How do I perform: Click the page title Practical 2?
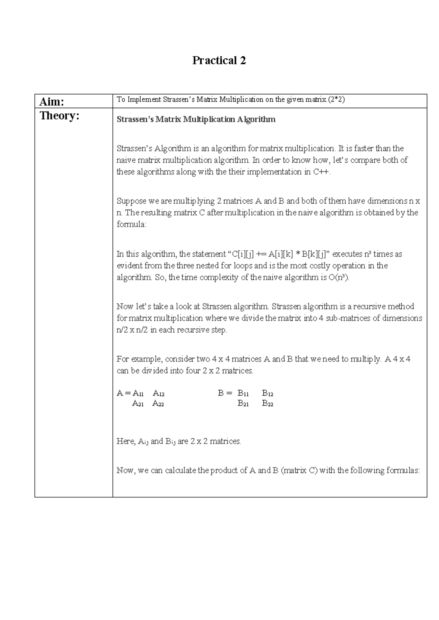[x=219, y=60]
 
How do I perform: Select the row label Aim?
[x=52, y=102]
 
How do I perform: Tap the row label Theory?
[x=59, y=116]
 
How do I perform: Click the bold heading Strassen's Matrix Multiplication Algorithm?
[x=196, y=120]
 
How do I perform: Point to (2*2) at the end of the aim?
[x=337, y=99]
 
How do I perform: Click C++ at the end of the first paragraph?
[x=322, y=172]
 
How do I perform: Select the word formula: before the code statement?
[x=131, y=224]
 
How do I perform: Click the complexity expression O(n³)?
[x=339, y=277]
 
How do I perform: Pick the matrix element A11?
[x=138, y=393]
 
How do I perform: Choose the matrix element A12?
[x=158, y=393]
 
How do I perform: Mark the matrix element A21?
[x=138, y=404]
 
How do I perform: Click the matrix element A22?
[x=158, y=404]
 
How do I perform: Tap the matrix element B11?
[x=243, y=393]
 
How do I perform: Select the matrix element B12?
[x=267, y=393]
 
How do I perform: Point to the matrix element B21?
[x=243, y=404]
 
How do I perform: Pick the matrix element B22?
[x=267, y=404]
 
